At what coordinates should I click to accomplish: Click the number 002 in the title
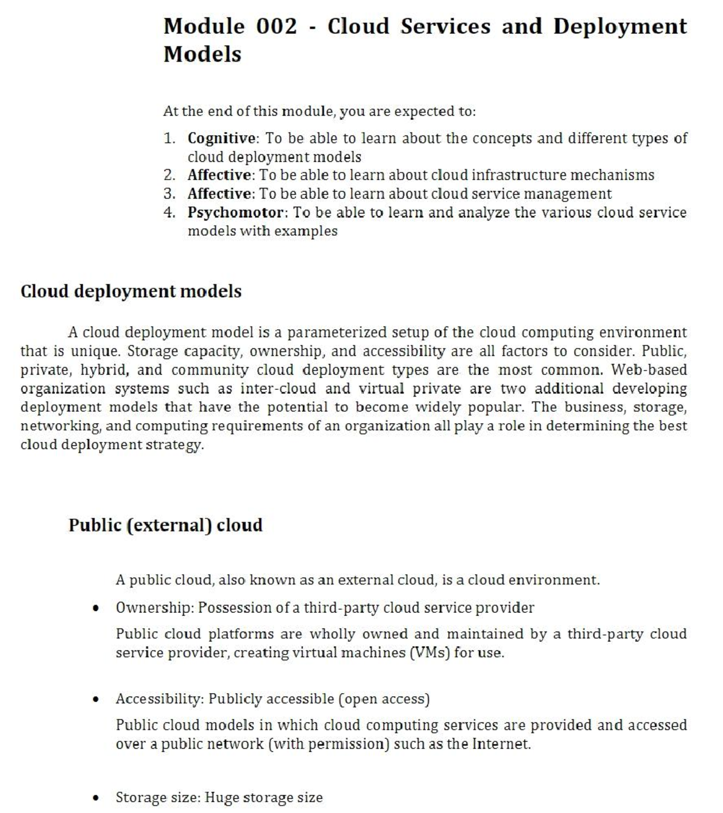pos(277,27)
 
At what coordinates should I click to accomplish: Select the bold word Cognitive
pos(221,138)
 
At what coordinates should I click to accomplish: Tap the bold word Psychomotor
pos(235,213)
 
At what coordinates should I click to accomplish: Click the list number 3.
pos(169,194)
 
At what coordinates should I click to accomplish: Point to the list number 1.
pos(169,139)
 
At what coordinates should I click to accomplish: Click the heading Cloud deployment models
pos(131,292)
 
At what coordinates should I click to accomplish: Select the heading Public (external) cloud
pos(165,525)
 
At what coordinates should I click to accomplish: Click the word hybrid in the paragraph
pos(103,370)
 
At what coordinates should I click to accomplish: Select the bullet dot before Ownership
pos(96,608)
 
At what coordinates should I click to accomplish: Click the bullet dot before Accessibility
pos(96,700)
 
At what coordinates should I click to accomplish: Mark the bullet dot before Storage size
pos(96,799)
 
